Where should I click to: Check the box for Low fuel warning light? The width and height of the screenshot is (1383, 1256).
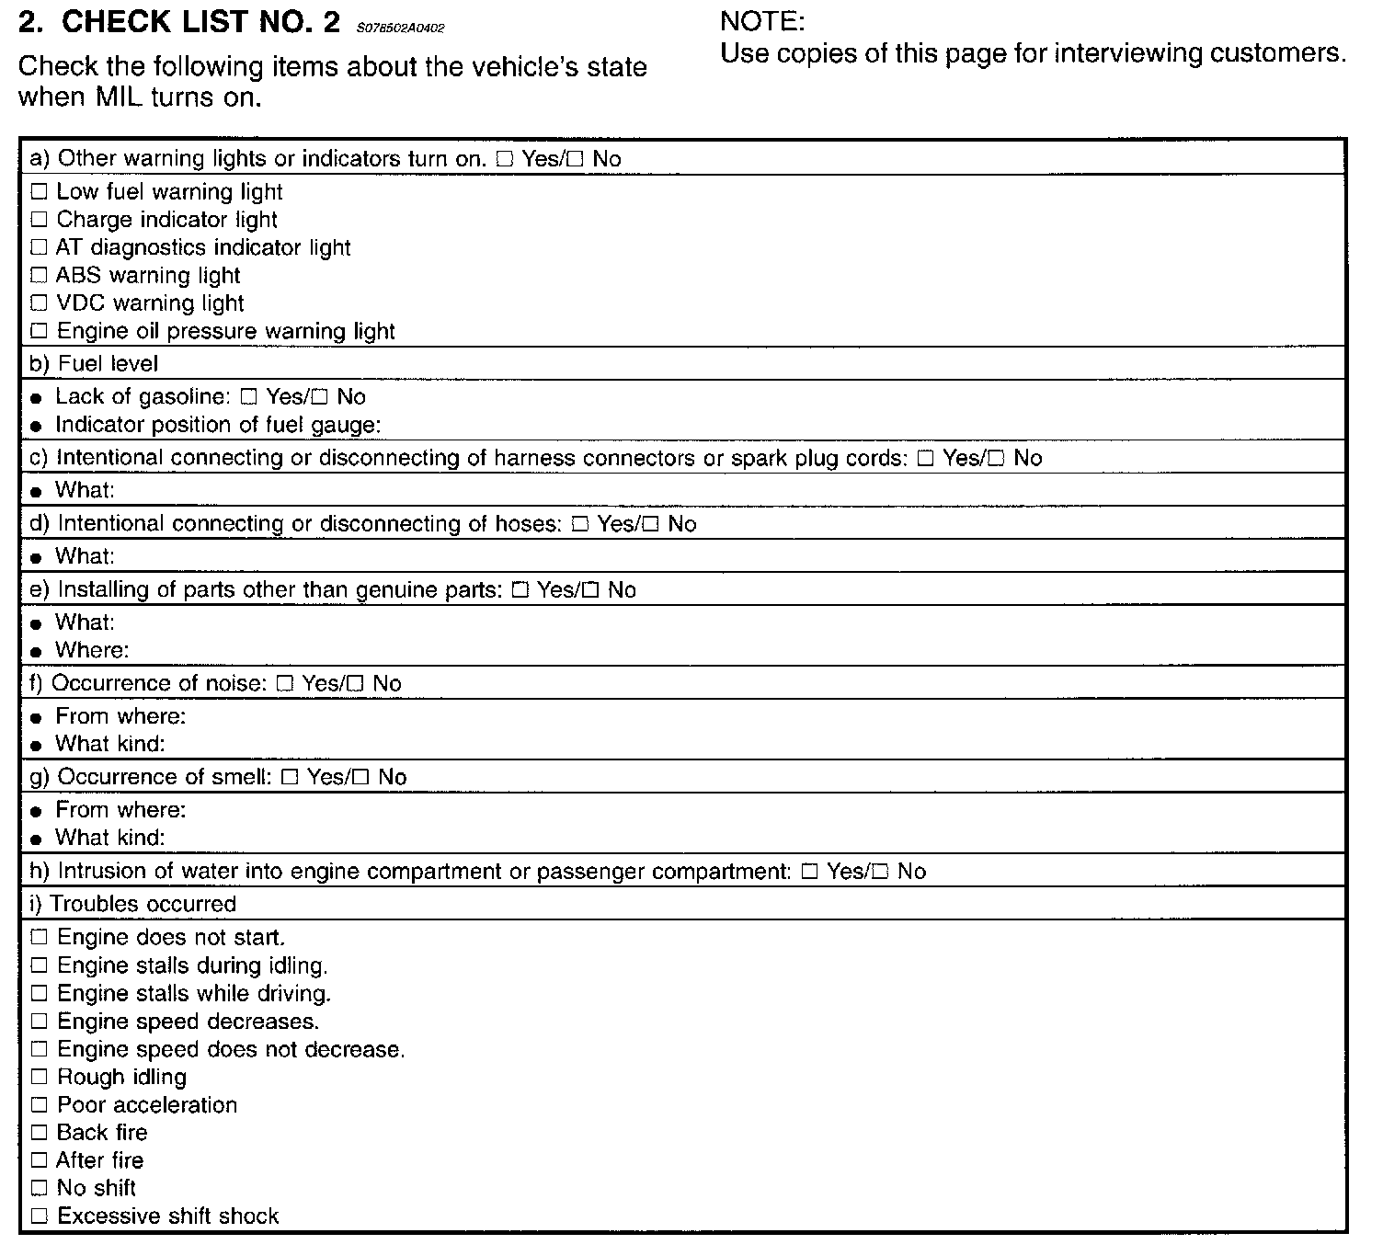[39, 192]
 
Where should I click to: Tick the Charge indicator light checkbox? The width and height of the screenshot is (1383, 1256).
[39, 220]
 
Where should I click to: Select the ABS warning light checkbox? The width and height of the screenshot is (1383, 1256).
[39, 275]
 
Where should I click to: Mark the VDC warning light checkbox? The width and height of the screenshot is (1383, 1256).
[39, 303]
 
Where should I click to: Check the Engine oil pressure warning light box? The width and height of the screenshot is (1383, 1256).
[39, 331]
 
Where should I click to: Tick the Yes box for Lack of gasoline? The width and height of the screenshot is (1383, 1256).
[247, 397]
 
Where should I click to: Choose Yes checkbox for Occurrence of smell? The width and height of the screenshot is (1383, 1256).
[290, 777]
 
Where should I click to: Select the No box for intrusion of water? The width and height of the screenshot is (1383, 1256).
[880, 872]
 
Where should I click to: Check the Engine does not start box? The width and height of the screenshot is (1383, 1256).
[39, 938]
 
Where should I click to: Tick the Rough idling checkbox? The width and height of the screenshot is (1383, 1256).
[39, 1078]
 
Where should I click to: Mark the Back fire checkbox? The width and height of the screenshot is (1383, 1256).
[39, 1133]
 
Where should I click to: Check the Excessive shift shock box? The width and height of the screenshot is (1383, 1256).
[39, 1216]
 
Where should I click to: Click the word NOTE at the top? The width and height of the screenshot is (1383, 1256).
[762, 21]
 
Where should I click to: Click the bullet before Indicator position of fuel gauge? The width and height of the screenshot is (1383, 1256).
[36, 427]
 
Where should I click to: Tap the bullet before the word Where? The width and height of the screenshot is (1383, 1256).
[36, 652]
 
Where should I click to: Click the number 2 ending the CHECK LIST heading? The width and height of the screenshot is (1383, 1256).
[332, 23]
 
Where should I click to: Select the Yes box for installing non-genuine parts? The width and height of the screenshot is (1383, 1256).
[520, 590]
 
